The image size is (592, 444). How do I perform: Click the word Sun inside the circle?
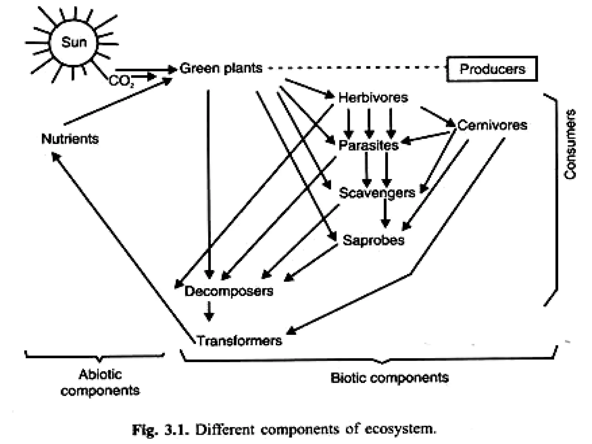point(74,42)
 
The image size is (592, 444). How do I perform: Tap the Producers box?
point(492,69)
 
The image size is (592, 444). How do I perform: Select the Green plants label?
point(221,69)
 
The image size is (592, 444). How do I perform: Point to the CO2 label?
point(121,81)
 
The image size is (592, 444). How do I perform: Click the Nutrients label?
point(70,139)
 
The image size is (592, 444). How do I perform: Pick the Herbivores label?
point(373,98)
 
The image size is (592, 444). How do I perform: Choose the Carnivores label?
point(492,125)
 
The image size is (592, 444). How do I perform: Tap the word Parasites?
point(368,145)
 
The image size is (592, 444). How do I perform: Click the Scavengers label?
point(377,193)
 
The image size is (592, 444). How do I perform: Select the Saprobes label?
point(373,240)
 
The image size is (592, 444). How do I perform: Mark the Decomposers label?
point(229,291)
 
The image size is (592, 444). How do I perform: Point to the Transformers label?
point(239,341)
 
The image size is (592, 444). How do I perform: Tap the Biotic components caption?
point(389,378)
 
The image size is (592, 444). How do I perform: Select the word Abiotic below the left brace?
point(100,375)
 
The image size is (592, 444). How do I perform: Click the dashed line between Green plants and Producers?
point(356,68)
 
